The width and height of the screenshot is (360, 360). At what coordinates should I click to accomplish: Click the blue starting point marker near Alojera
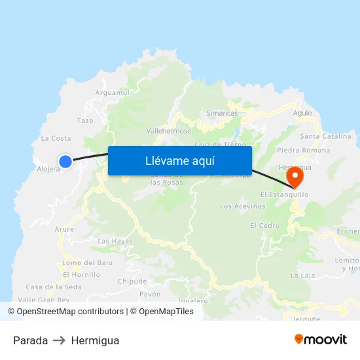click(x=65, y=161)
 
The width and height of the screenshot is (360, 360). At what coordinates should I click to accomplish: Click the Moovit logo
click(x=320, y=340)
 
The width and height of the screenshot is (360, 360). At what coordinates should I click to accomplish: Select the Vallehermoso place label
click(x=169, y=131)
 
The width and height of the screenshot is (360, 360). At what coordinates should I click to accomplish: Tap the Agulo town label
click(x=302, y=113)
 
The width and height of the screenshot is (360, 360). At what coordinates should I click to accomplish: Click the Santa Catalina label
click(x=325, y=136)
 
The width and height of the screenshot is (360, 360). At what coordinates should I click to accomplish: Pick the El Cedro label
click(x=264, y=226)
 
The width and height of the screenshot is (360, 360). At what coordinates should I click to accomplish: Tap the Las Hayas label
click(x=115, y=242)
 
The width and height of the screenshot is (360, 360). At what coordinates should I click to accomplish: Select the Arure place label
click(x=65, y=229)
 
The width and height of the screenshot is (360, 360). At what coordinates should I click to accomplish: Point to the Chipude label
click(x=132, y=281)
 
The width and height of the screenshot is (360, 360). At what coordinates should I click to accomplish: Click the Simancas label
click(x=222, y=113)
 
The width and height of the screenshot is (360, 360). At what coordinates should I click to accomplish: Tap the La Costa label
click(x=56, y=138)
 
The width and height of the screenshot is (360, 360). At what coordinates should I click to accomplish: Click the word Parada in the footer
click(x=30, y=340)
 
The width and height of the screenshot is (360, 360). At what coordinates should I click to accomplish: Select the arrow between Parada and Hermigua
click(x=60, y=340)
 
